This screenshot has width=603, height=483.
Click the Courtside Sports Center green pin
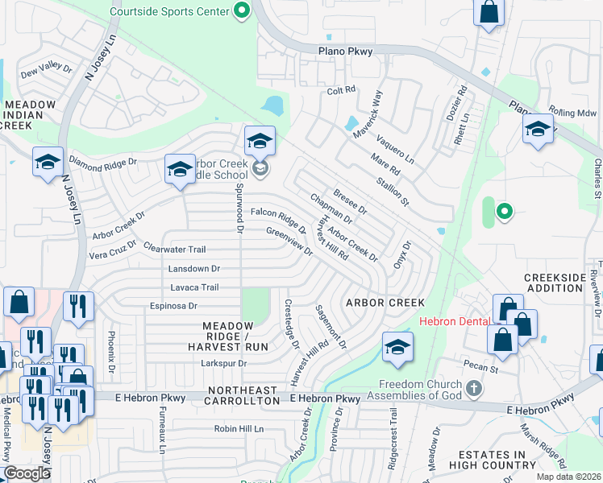point(240,10)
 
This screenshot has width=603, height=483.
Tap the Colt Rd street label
point(341,91)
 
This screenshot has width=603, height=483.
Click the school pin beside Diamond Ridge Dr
point(48,162)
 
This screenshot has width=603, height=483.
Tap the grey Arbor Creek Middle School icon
point(260,168)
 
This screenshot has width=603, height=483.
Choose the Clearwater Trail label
point(175,249)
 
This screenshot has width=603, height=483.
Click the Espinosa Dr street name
point(173,306)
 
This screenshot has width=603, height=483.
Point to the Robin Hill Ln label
point(239,429)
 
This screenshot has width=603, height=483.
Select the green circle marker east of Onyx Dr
point(504,212)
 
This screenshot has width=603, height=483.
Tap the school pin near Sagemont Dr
point(397,346)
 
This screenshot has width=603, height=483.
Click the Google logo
point(27,473)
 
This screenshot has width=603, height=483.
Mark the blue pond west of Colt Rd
point(272,105)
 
